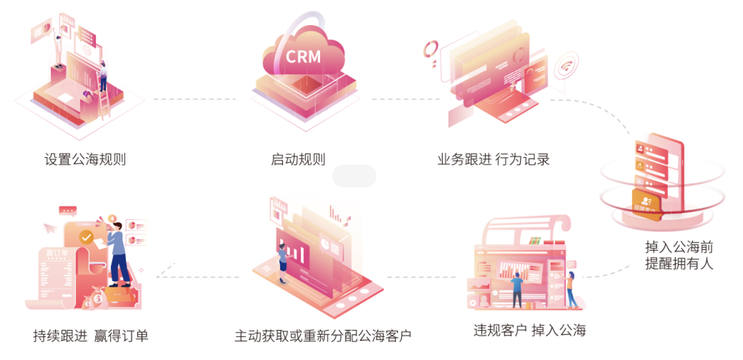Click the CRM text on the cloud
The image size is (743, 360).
[303, 56]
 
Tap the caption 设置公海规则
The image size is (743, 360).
[85, 159]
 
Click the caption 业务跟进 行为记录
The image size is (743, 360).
[494, 159]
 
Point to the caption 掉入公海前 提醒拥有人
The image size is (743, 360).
[679, 255]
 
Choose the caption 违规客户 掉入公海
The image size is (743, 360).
[529, 331]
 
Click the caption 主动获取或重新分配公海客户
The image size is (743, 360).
[323, 336]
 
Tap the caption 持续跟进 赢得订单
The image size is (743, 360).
[91, 336]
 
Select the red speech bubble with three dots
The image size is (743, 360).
[68, 210]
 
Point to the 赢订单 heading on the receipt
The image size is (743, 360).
[55, 253]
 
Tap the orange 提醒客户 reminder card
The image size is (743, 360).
[645, 203]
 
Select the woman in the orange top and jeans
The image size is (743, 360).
[571, 289]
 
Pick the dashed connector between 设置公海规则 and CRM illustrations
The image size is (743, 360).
[195, 99]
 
